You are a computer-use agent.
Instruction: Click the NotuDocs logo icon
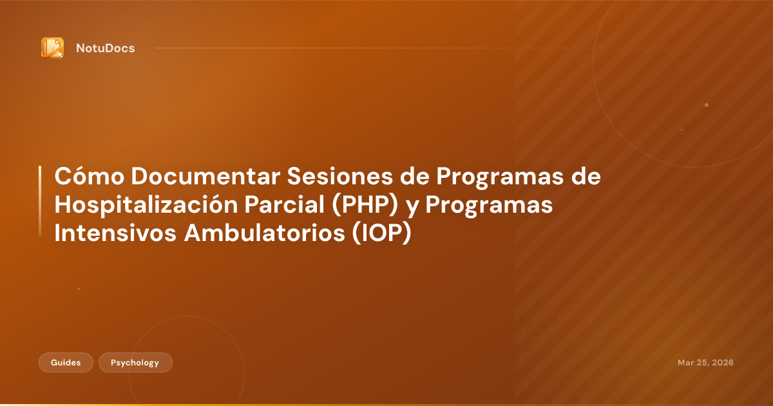[x=52, y=48]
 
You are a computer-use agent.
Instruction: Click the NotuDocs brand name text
[x=105, y=48]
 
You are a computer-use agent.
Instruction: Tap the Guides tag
[x=66, y=363]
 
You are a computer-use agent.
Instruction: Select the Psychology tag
[x=135, y=363]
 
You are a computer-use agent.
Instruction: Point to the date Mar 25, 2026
[x=705, y=363]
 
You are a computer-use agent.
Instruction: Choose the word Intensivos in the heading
[x=115, y=234]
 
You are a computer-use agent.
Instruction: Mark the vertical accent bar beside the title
[x=40, y=200]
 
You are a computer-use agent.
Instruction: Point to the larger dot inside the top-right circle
[x=707, y=104]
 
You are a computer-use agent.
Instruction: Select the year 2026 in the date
[x=721, y=363]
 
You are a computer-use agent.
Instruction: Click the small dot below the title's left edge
[x=79, y=289]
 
